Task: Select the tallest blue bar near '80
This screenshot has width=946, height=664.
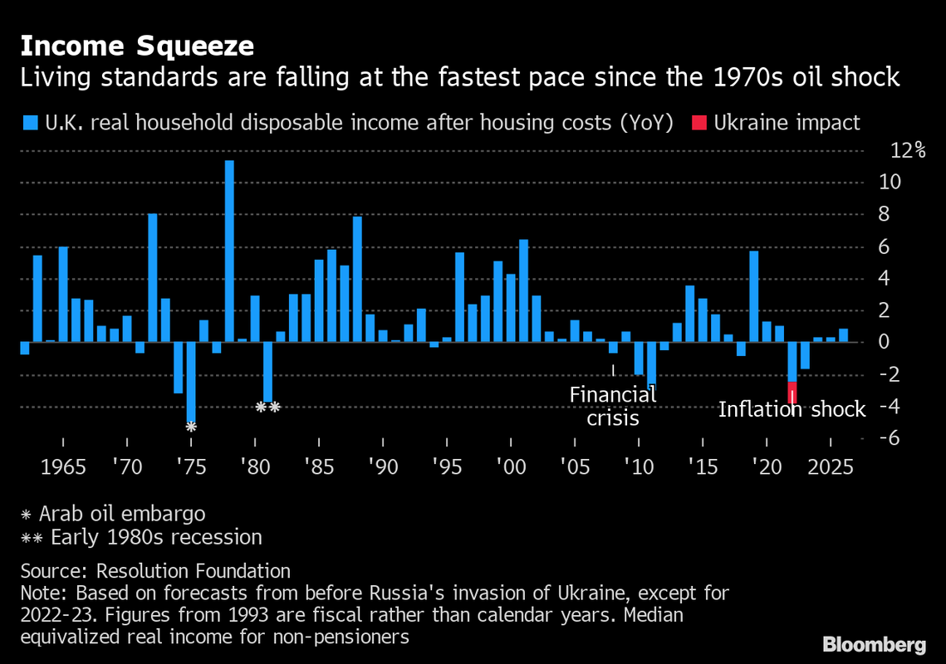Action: [x=229, y=251]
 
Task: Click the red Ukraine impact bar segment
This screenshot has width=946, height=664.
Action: [x=792, y=392]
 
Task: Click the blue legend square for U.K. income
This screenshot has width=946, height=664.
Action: [x=30, y=123]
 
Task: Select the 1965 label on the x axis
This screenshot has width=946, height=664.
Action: [x=63, y=466]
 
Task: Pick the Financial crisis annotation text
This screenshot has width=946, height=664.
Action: [x=613, y=406]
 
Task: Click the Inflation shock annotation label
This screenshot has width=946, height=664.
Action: [x=792, y=409]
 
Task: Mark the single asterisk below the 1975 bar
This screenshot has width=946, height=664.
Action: [x=191, y=427]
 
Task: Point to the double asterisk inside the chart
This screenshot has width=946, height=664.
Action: [x=267, y=408]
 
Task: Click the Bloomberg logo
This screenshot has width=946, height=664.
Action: [x=875, y=644]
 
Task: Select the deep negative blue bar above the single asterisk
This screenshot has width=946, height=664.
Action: [x=191, y=382]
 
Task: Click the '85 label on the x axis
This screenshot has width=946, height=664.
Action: [x=316, y=466]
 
